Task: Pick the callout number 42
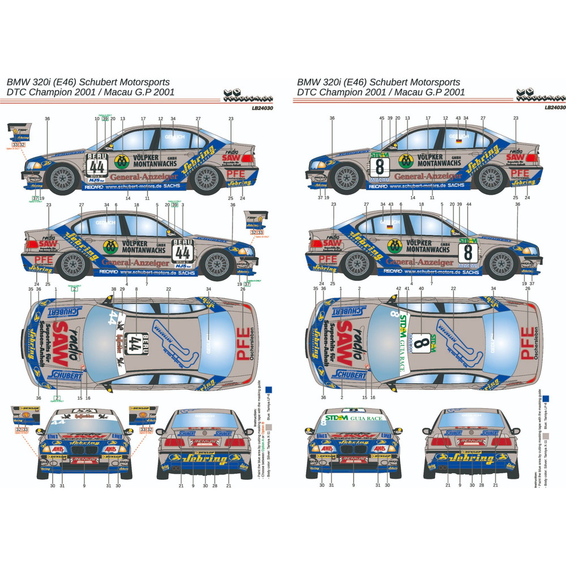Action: point(399,289)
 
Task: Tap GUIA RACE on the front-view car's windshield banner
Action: point(367,418)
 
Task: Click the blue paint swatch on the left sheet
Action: point(269,389)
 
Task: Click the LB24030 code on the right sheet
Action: point(555,106)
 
